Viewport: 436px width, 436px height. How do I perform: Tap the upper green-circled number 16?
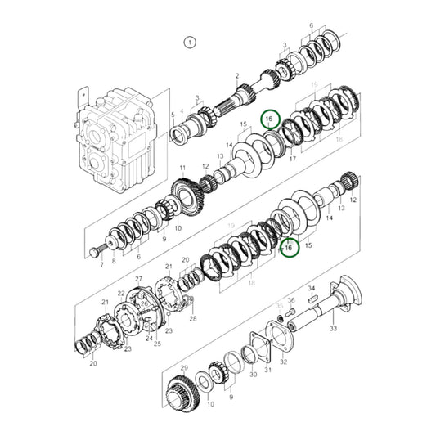(x=270, y=119)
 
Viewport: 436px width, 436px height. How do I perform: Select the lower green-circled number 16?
(x=287, y=247)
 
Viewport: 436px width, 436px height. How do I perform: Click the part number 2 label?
(x=236, y=76)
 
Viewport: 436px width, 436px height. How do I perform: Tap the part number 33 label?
(x=333, y=328)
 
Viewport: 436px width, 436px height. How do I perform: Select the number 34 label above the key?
(x=311, y=288)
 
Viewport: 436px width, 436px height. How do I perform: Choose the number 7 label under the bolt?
(x=101, y=265)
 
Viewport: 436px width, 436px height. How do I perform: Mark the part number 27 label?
(x=138, y=279)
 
